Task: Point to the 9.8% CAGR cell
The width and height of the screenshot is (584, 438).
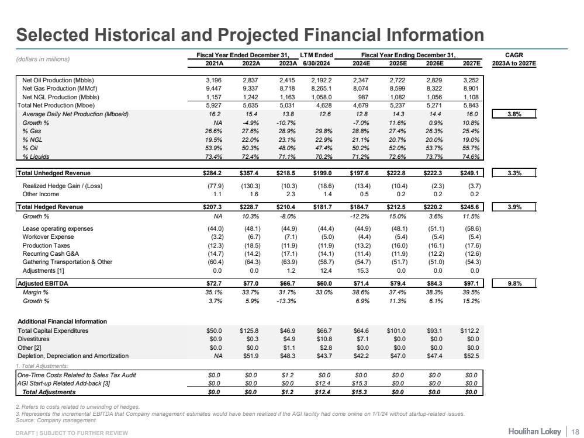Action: (514, 283)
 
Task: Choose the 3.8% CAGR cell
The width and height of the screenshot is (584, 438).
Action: (514, 114)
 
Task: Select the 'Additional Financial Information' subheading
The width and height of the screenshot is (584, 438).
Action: (61, 321)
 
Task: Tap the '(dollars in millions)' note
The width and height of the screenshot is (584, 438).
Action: (43, 59)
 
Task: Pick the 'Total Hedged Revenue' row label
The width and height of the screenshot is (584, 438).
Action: (50, 206)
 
